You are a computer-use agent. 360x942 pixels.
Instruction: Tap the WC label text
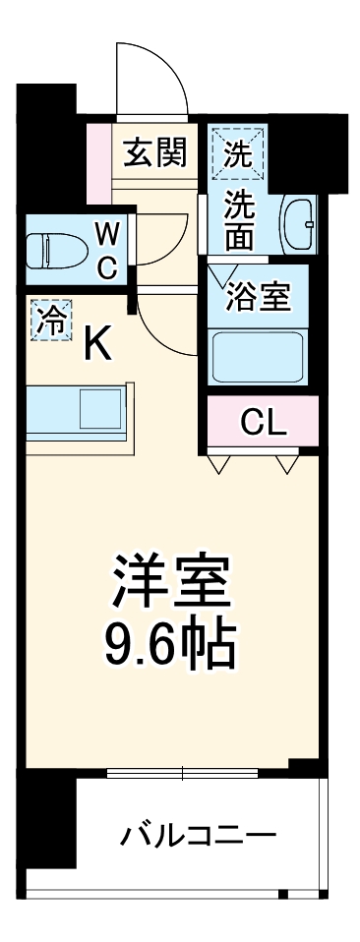(x=107, y=250)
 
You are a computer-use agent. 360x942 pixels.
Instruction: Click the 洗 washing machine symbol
(x=237, y=153)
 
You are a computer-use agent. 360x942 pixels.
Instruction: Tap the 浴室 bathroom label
(x=257, y=297)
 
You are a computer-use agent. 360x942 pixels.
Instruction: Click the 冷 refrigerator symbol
(x=49, y=320)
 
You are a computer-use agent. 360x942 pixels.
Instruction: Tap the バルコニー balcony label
(x=198, y=837)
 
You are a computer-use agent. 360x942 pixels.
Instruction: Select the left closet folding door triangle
(x=220, y=462)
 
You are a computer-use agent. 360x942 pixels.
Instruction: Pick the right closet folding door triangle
(x=286, y=462)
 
